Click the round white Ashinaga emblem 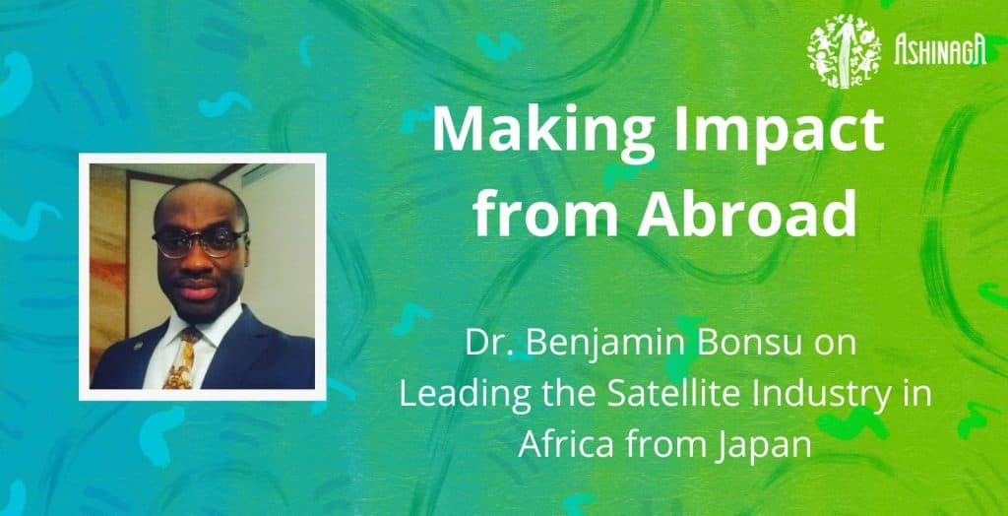pyautogui.click(x=845, y=47)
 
